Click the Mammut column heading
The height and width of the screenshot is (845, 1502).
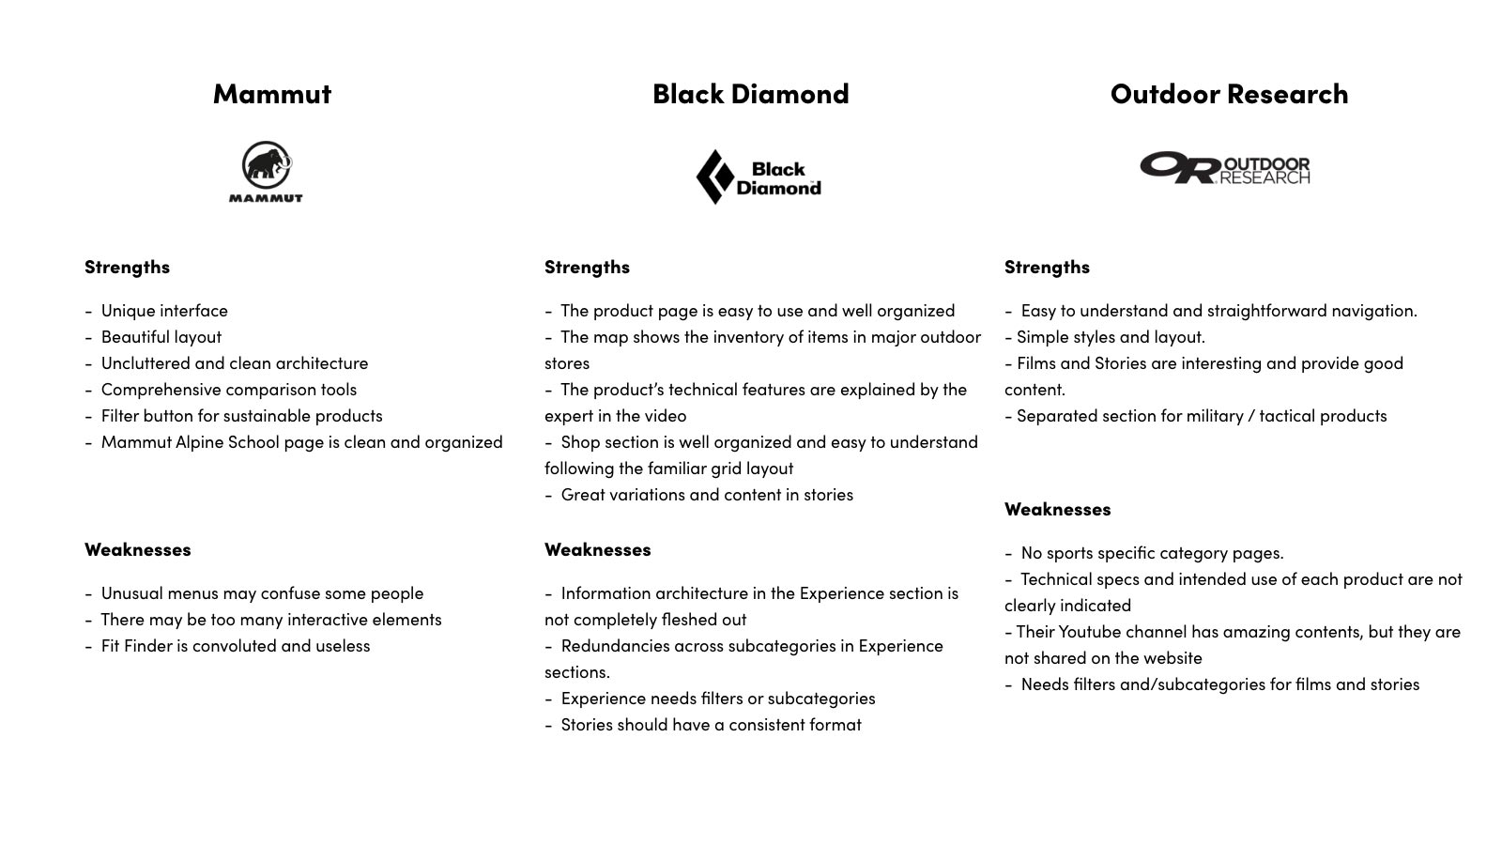point(272,94)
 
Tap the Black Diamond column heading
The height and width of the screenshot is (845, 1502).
point(750,94)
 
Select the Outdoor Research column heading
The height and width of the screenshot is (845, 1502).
point(1229,94)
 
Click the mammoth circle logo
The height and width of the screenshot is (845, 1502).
point(267,165)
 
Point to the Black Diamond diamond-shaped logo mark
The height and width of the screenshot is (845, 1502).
point(714,177)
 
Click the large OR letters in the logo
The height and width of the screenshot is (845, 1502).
point(1179,168)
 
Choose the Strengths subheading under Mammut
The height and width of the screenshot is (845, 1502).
point(127,267)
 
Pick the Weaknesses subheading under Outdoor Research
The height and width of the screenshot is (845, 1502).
point(1057,509)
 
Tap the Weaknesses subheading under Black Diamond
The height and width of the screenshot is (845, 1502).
point(597,549)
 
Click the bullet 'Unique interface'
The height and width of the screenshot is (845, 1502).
point(164,311)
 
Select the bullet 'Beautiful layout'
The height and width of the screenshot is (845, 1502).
point(161,337)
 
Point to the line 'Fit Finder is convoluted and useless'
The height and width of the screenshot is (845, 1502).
point(236,646)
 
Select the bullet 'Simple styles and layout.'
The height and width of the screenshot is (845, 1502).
point(1111,337)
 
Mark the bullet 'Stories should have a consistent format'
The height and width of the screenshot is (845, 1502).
point(711,725)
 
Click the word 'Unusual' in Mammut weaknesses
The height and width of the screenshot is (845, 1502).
point(131,593)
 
